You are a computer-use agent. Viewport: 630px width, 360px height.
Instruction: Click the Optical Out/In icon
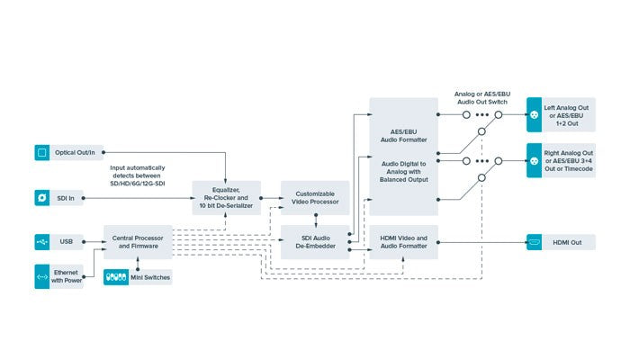(41, 153)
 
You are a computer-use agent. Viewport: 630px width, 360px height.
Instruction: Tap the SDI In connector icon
(41, 197)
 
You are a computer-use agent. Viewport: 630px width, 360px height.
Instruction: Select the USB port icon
(41, 241)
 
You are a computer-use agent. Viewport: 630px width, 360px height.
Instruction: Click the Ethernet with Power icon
(41, 276)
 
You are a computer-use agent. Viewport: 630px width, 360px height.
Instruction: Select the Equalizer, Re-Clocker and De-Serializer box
(226, 197)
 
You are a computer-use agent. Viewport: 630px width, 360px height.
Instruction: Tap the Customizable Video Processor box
(315, 197)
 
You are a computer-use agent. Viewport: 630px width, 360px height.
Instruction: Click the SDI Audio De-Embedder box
(315, 241)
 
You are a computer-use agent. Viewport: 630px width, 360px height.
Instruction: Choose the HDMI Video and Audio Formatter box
(404, 241)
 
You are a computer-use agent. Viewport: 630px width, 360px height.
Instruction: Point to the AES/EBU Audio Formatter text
(404, 135)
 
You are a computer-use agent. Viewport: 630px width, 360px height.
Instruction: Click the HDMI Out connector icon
(534, 241)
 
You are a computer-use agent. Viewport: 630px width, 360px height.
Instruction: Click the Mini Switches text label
(150, 276)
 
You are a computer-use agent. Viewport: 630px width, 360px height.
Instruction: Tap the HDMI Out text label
(567, 241)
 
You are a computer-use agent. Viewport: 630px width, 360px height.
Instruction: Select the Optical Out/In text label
(78, 153)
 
